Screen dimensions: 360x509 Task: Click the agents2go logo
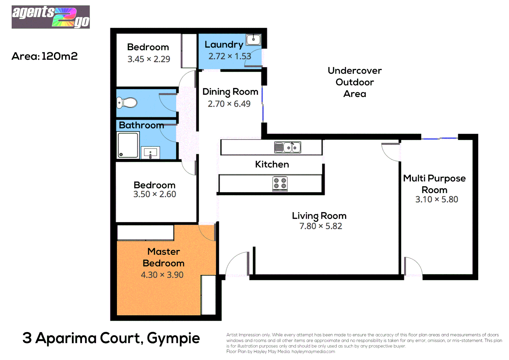click(x=51, y=17)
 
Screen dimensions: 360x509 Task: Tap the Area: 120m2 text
click(x=45, y=56)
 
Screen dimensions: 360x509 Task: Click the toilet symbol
click(x=127, y=103)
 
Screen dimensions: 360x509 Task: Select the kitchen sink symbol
click(x=287, y=147)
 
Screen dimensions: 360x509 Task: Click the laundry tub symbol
click(x=254, y=40)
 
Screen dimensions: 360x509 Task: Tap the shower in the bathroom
click(x=128, y=145)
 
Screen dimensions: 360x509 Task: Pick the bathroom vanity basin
click(x=150, y=153)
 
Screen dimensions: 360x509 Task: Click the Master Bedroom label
click(x=163, y=257)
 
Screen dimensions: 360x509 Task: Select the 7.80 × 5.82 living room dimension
click(x=320, y=226)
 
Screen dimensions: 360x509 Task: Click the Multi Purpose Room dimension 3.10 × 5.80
click(x=436, y=199)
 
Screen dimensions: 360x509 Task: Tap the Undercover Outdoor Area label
click(x=354, y=82)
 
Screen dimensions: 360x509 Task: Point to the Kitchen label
click(x=272, y=164)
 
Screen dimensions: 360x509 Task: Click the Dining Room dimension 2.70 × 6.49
click(x=229, y=104)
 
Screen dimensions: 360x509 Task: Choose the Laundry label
click(x=224, y=44)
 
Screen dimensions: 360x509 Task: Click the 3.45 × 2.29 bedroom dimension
click(x=149, y=59)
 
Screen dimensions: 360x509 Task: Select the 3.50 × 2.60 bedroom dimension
click(x=155, y=194)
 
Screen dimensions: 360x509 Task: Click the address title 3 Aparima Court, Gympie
click(x=111, y=338)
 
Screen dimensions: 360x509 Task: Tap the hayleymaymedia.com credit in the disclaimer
click(x=313, y=351)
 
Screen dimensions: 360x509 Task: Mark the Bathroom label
click(x=141, y=125)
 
